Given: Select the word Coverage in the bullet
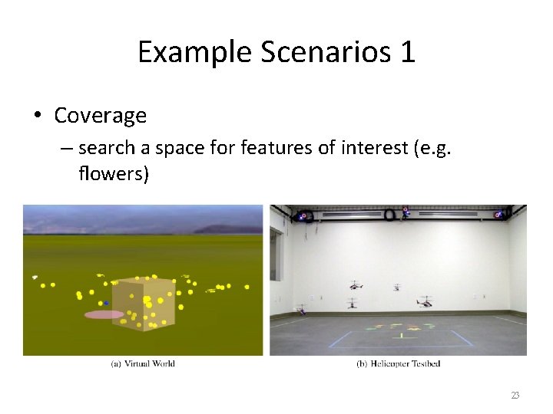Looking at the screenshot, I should click(x=100, y=116).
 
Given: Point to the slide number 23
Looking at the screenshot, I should click(x=515, y=396).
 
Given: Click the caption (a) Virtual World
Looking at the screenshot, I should click(x=143, y=363).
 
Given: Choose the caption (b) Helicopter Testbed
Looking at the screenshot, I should click(x=398, y=363).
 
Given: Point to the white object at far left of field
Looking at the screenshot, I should click(x=35, y=277).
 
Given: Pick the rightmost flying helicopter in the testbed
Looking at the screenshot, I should click(x=424, y=301).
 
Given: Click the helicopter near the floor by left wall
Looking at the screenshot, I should click(x=301, y=310).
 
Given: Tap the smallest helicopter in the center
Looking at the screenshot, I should click(x=397, y=287).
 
